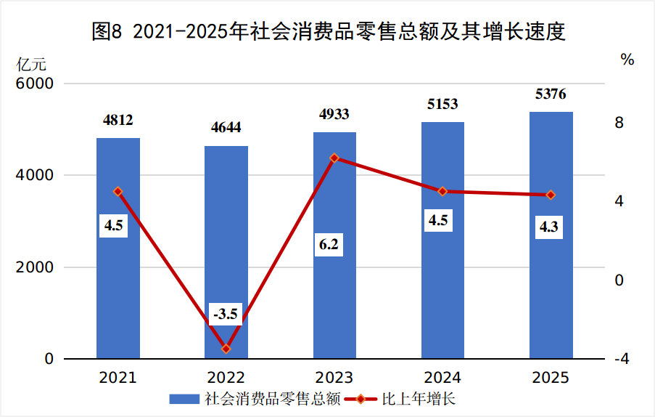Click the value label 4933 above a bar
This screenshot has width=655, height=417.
pos(334,114)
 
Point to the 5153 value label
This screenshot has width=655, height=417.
pos(442,104)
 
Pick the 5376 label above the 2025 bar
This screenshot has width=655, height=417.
pos(551,94)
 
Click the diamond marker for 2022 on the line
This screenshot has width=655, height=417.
pos(226,349)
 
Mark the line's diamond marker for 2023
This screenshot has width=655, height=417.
pos(334,158)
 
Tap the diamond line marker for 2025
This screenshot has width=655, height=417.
pos(551,195)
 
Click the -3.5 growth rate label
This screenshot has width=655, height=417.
pos(226,315)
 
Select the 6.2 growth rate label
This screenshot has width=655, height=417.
pos(329,244)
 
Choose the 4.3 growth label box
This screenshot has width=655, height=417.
pos(548,227)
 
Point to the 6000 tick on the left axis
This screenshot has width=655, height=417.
pos(37,84)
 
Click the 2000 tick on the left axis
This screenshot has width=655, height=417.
pos(37,267)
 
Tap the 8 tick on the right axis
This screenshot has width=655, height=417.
pos(619,123)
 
